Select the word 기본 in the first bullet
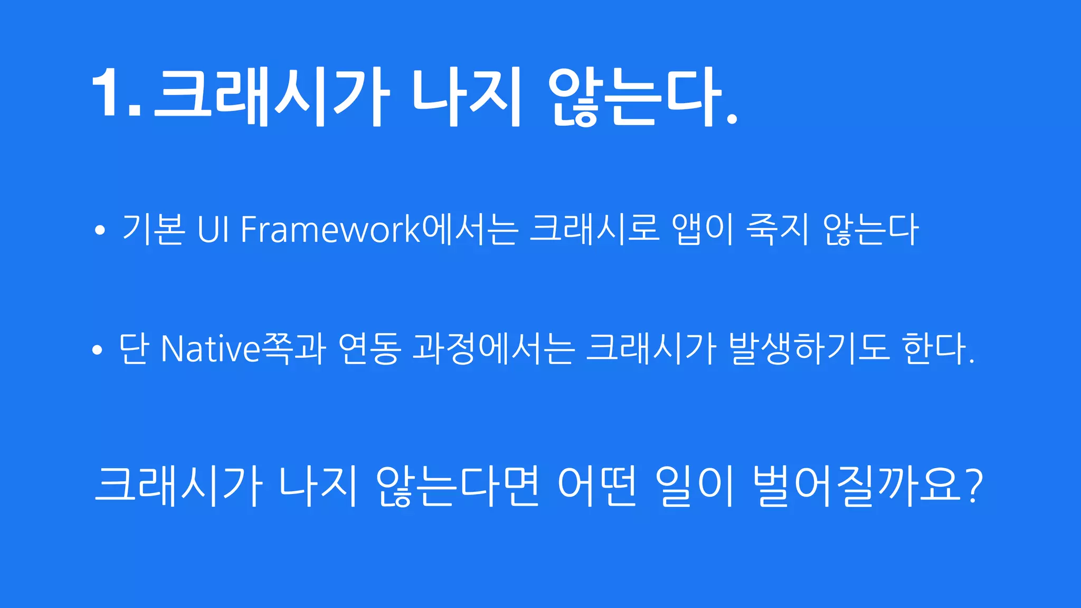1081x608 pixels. point(154,230)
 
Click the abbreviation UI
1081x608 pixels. point(213,230)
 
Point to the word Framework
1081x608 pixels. point(330,230)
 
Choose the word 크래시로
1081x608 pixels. point(594,230)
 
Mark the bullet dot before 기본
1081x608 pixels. point(99,231)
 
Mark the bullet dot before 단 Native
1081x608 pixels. point(97,350)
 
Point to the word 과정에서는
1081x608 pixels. point(493,349)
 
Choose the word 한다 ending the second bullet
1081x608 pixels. point(934,349)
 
